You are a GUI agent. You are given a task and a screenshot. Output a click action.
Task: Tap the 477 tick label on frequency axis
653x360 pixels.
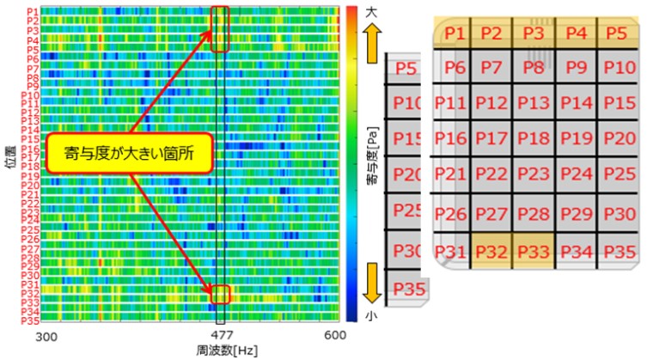[x=222, y=336]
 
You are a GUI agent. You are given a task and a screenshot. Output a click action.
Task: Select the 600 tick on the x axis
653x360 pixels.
[x=335, y=336]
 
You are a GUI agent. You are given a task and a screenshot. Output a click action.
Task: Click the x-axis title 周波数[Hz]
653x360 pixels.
[x=222, y=351]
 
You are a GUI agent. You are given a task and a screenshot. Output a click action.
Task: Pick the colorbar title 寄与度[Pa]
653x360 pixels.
[x=370, y=164]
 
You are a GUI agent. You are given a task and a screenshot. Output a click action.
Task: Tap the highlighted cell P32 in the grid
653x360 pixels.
[x=491, y=251]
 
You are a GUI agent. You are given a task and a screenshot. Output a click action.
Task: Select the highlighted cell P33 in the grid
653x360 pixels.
[x=533, y=251]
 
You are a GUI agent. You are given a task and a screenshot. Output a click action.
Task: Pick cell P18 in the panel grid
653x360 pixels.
[x=533, y=137]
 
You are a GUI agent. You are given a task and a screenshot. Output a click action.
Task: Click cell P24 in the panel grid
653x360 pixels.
[x=576, y=174]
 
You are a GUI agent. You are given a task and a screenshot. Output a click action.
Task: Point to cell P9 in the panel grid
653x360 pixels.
[x=576, y=67]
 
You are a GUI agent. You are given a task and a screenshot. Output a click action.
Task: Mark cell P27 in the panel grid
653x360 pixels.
[x=491, y=213]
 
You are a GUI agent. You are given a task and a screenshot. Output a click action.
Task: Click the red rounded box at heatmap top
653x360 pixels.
[x=220, y=28]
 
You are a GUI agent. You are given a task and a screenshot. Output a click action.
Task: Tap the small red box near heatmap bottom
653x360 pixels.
[x=221, y=294]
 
